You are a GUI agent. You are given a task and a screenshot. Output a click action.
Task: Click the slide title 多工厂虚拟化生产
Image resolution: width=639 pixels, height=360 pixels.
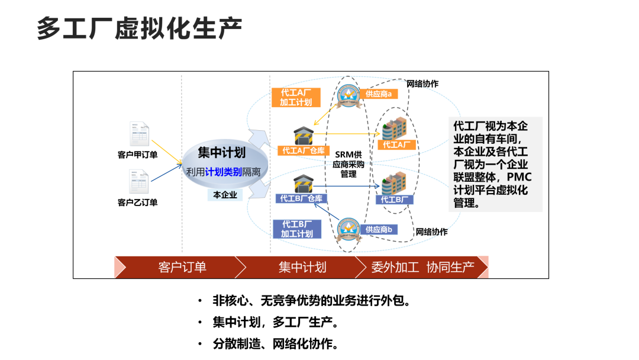140,28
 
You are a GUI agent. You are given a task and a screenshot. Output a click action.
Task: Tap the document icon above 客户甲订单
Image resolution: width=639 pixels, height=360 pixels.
137,134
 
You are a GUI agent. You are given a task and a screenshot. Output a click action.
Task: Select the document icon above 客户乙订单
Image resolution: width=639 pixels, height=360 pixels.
137,182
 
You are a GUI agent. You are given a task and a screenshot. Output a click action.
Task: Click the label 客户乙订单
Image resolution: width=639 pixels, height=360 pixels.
137,202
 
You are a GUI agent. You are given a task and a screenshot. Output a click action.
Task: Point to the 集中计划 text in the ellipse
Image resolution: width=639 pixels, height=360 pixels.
221,153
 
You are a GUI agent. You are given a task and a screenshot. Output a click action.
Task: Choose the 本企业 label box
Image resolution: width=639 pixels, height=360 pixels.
225,194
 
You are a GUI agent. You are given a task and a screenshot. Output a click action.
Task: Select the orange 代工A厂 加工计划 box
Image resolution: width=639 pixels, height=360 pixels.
296,98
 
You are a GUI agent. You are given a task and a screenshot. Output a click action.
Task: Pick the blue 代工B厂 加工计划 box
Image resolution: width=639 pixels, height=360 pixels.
296,229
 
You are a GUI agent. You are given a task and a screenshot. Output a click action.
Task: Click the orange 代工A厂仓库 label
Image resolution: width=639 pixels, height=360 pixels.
302,150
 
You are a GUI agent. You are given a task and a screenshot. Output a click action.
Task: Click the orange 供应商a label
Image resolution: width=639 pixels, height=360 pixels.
379,94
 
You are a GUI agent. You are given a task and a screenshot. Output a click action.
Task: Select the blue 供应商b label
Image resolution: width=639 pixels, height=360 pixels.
379,229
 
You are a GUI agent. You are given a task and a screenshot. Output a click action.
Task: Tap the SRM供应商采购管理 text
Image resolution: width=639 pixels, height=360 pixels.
348,164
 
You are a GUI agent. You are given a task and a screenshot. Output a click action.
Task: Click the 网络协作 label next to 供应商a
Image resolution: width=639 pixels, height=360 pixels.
422,83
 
